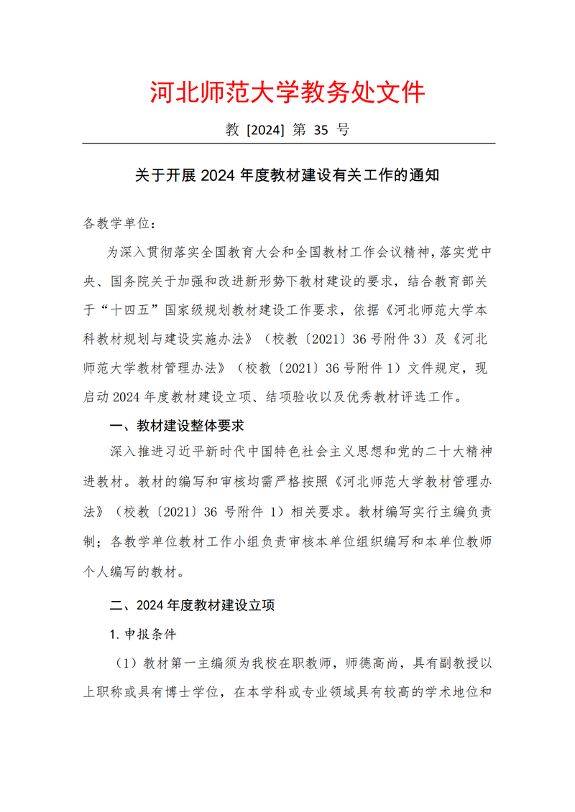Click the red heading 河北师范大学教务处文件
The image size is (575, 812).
[287, 93]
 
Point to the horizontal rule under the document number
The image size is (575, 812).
[288, 144]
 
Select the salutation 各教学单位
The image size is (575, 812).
[115, 223]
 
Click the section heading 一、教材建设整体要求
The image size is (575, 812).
[177, 426]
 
